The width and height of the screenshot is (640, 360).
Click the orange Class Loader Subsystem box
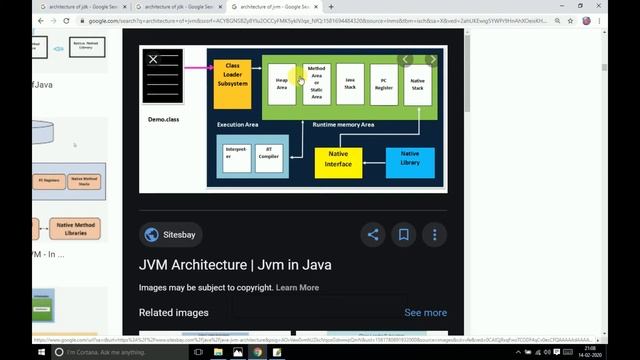click(232, 75)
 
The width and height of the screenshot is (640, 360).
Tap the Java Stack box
click(350, 84)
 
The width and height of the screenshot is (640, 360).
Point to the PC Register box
click(384, 84)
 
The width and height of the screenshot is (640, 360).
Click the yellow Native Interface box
click(338, 161)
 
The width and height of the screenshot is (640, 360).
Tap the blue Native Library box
click(410, 159)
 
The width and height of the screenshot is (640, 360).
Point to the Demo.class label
click(163, 119)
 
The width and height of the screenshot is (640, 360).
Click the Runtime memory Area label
click(343, 125)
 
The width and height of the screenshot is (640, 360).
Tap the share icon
click(373, 235)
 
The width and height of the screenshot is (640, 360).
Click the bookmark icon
click(404, 235)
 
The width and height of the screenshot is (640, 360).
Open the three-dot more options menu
click(435, 235)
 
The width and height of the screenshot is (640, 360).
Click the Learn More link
click(297, 288)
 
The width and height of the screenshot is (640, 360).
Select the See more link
click(425, 312)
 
